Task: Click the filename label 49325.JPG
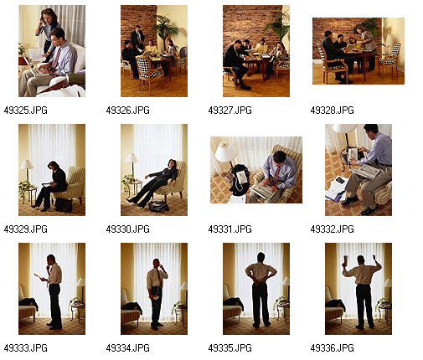click(25, 111)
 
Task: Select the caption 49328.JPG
click(332, 111)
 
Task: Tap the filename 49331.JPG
click(230, 229)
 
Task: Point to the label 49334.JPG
click(127, 348)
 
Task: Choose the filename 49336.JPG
click(332, 348)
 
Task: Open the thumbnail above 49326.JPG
click(154, 51)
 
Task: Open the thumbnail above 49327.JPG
click(256, 51)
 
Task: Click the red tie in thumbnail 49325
click(56, 58)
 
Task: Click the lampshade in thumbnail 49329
click(27, 164)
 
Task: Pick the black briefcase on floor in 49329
click(64, 205)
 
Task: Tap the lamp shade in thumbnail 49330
click(132, 157)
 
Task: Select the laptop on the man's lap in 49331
click(264, 189)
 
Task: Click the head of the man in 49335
click(261, 257)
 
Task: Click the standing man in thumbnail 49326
click(137, 39)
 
